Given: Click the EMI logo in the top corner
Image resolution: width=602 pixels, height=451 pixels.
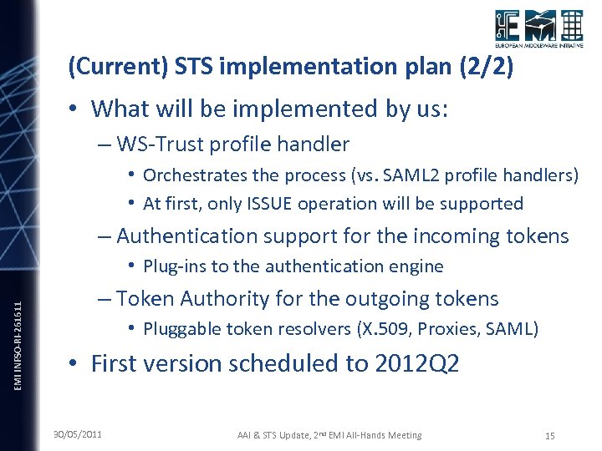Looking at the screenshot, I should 538,30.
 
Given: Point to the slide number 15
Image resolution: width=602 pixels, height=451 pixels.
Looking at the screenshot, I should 549,435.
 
